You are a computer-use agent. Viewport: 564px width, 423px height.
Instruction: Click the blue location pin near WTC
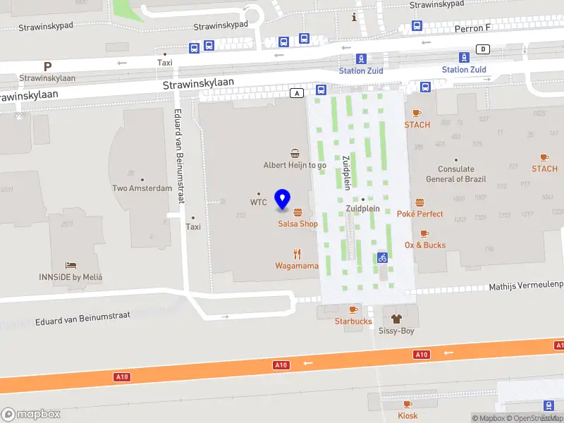(x=283, y=199)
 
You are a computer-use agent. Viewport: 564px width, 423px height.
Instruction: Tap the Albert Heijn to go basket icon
(x=295, y=154)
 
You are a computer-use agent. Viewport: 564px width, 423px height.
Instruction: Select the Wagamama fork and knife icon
(x=297, y=255)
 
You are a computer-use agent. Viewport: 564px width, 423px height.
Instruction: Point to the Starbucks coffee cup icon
(x=353, y=309)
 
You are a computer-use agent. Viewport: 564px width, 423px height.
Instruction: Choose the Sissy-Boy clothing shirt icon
(x=398, y=319)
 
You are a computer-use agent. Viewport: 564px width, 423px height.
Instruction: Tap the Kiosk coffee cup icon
(x=407, y=404)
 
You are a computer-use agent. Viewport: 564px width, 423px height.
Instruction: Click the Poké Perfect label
(x=419, y=214)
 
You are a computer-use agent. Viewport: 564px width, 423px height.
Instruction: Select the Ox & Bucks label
(x=424, y=245)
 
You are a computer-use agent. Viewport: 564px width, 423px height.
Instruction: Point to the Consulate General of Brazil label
(x=455, y=174)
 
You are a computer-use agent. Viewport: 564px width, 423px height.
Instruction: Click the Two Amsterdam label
(x=142, y=188)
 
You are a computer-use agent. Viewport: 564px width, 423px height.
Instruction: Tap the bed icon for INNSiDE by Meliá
(x=70, y=265)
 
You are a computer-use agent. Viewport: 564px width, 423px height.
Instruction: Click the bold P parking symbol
(x=47, y=66)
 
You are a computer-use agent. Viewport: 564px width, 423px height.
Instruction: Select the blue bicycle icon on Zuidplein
(x=382, y=257)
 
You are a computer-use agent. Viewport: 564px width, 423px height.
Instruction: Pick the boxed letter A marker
(x=298, y=93)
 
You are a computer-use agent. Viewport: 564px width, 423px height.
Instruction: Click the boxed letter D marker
(x=483, y=49)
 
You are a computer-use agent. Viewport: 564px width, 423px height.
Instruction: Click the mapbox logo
(x=31, y=415)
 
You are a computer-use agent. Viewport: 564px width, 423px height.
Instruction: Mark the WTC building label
(x=258, y=202)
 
